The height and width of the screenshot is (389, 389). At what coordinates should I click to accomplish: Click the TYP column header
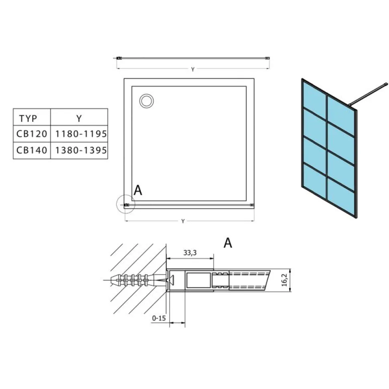tap(28, 118)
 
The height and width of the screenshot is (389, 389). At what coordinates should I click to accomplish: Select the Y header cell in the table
tap(79, 118)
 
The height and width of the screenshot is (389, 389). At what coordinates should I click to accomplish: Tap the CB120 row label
tap(32, 134)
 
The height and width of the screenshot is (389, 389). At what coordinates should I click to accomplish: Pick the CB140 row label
tap(32, 150)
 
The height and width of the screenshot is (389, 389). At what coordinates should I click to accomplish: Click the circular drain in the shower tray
tap(146, 101)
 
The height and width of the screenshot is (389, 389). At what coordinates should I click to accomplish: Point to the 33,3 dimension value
tap(190, 252)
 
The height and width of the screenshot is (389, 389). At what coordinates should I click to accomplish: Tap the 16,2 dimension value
tap(284, 280)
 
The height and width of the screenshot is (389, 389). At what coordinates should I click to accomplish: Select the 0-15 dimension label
tap(159, 318)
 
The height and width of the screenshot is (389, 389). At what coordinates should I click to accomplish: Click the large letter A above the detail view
tap(228, 243)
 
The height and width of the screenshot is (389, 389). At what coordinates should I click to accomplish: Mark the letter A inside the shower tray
tap(138, 190)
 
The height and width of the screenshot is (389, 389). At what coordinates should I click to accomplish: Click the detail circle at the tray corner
tap(126, 195)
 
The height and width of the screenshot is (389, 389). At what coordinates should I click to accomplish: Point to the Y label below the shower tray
tap(183, 221)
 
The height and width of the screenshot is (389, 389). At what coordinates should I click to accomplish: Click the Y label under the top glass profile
tap(193, 69)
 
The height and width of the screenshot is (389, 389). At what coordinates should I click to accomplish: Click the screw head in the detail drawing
tap(171, 280)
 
